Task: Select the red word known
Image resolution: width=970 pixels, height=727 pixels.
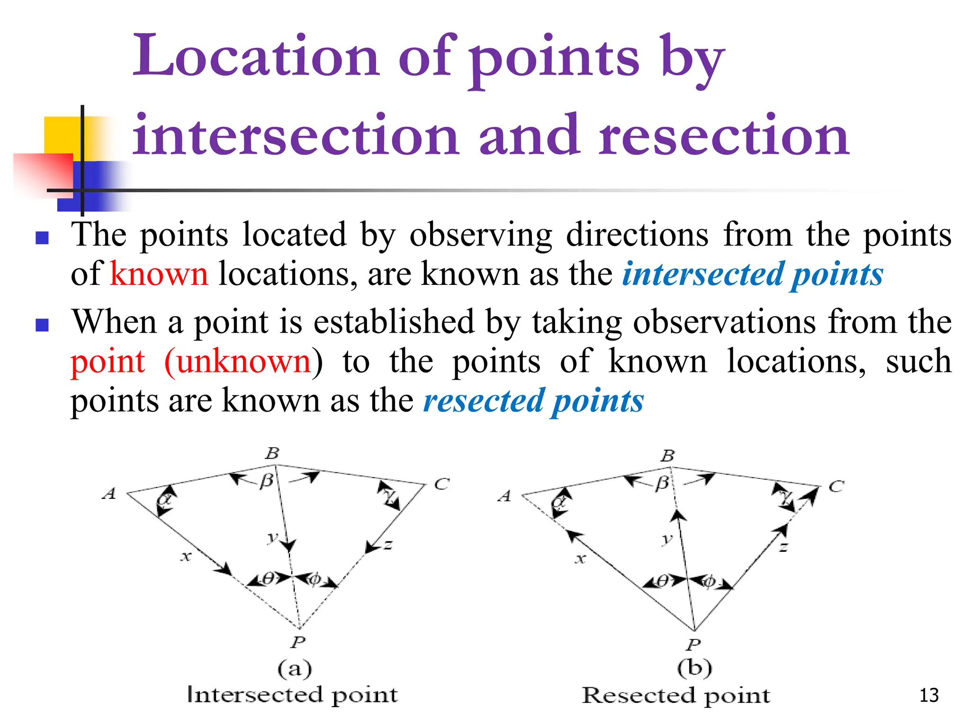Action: [x=159, y=274]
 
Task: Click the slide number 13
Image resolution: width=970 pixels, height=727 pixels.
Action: [x=929, y=695]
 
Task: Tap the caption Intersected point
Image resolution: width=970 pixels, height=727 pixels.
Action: [x=292, y=695]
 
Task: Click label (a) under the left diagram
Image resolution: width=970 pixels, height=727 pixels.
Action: [x=295, y=669]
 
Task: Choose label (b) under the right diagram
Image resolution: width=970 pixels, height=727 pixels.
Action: [x=694, y=668]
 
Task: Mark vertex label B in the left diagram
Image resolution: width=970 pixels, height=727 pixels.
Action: [x=272, y=453]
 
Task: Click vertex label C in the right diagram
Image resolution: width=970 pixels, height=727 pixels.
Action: [x=836, y=487]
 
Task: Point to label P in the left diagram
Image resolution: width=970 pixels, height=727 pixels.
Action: [x=298, y=642]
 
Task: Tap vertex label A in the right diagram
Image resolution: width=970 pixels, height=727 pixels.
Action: [x=505, y=496]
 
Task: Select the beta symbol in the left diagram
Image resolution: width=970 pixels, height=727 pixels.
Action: [x=267, y=481]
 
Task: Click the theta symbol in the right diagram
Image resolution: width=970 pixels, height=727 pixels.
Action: [x=663, y=581]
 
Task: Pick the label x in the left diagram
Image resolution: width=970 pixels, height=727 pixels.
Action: [x=186, y=557]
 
